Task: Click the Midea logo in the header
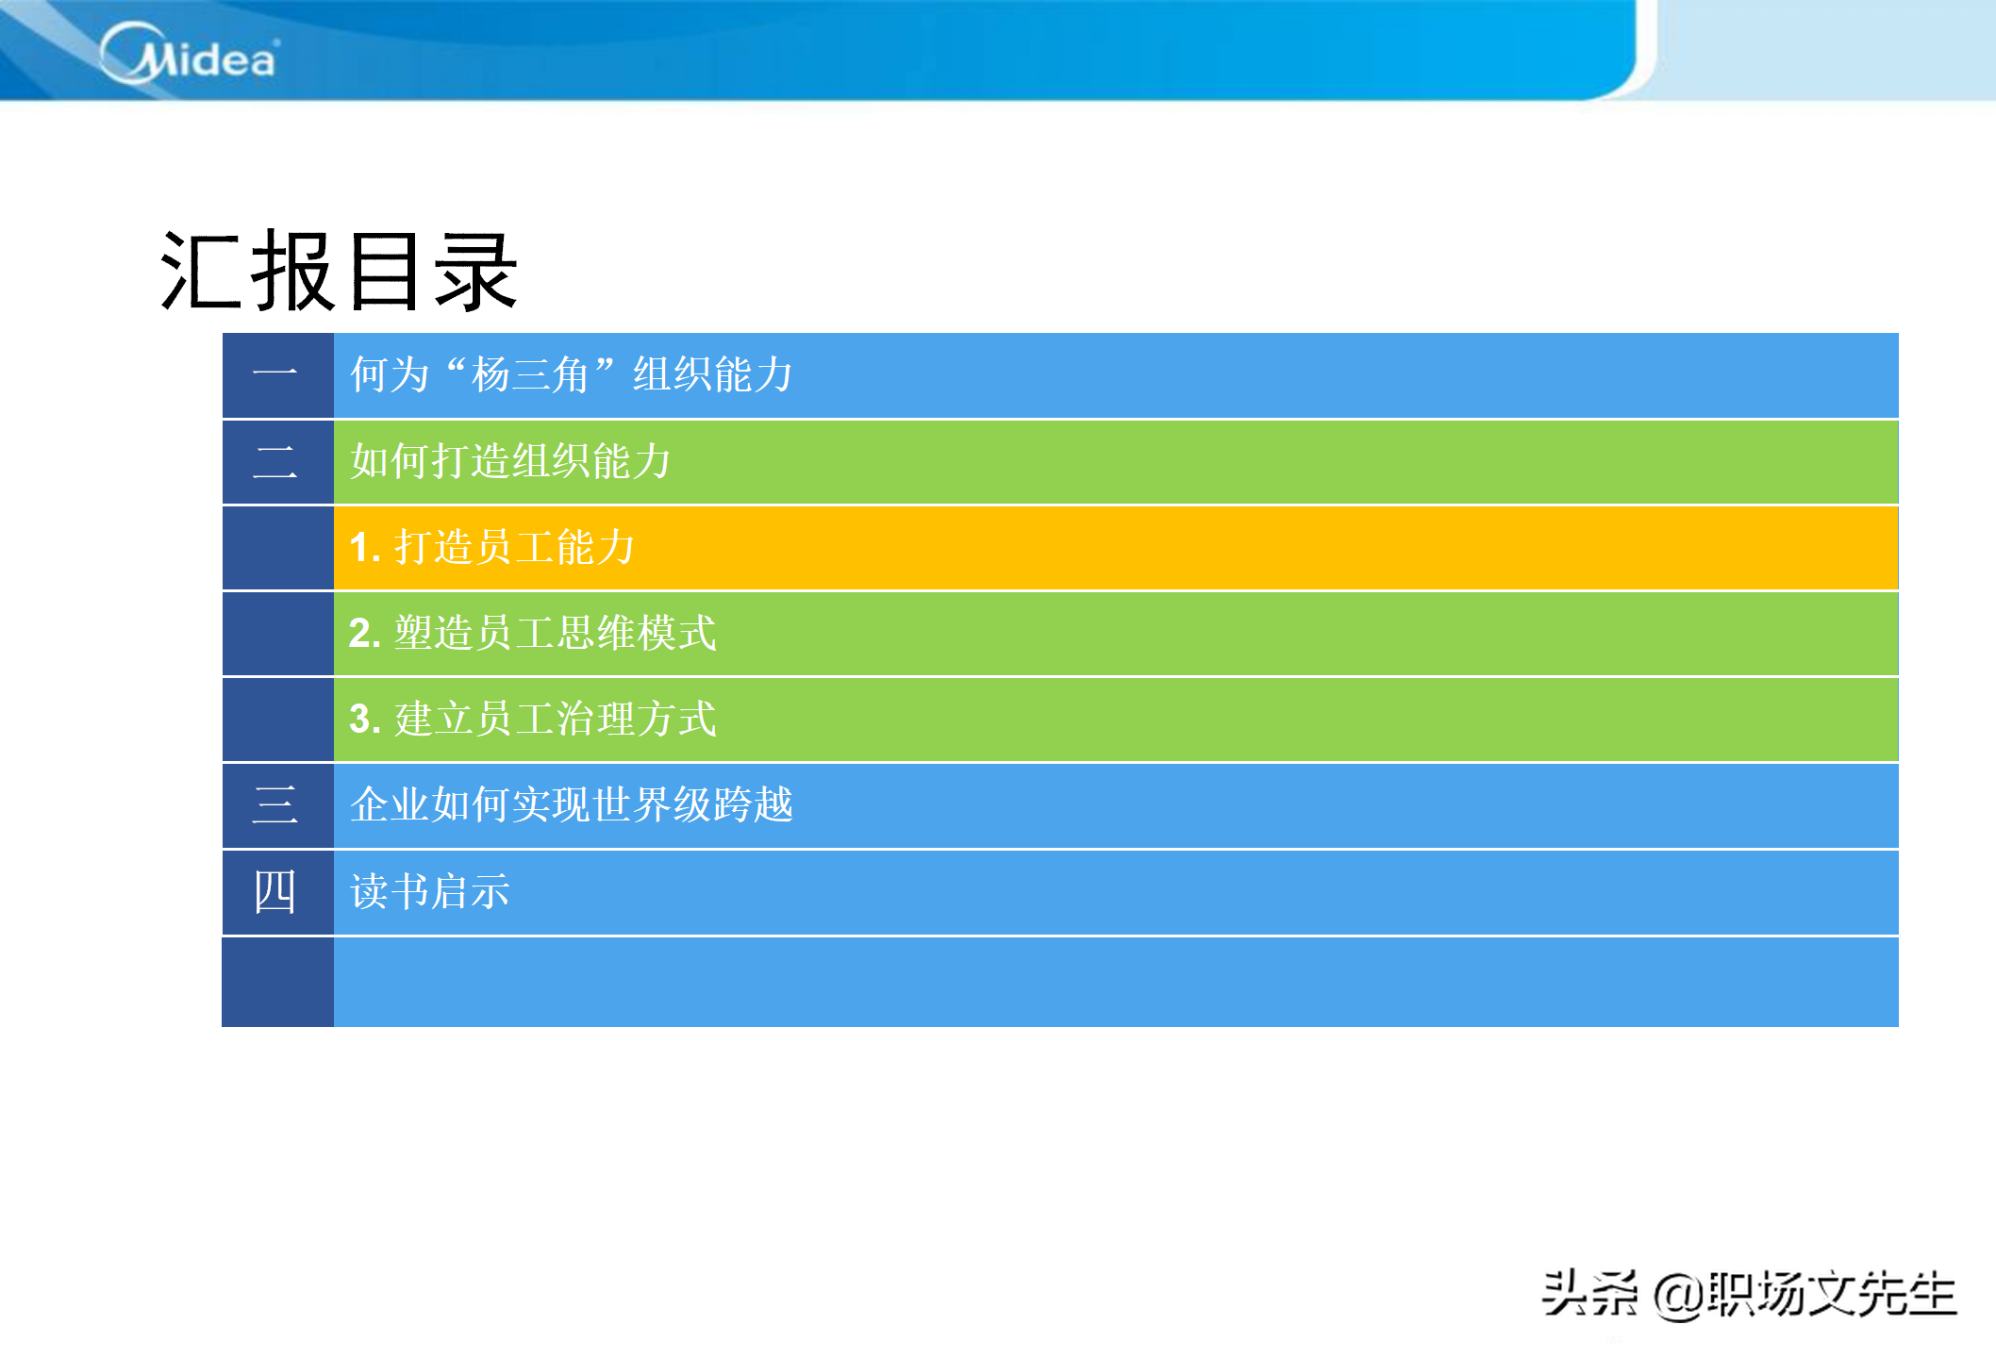pos(190,54)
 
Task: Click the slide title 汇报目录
pos(339,272)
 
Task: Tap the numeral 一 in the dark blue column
pos(275,373)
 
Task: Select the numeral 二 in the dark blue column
pos(275,461)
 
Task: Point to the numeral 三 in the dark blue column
pos(275,804)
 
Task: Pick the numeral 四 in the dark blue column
pos(275,891)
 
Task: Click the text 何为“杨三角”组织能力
pos(572,374)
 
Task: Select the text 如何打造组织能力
pos(510,461)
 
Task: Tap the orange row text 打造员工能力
pos(514,547)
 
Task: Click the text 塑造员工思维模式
pos(556,633)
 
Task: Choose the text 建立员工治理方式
pos(556,719)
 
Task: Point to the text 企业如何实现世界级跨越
pos(572,804)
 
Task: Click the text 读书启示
pos(430,891)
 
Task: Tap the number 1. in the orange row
pos(365,548)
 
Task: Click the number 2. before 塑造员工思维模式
pos(365,634)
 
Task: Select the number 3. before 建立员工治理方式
pos(365,720)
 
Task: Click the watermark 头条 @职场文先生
pos(1750,1293)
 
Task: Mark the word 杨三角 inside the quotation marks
pos(531,374)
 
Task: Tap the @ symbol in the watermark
pos(1679,1295)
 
